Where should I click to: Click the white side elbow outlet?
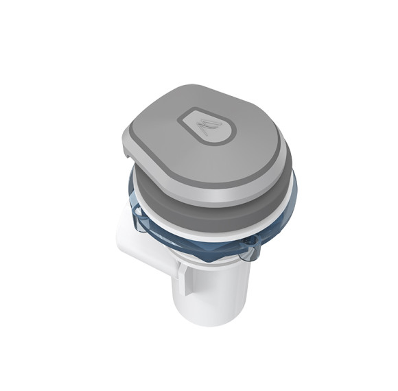pyautogui.click(x=141, y=237)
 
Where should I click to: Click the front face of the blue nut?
pyautogui.click(x=220, y=247)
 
